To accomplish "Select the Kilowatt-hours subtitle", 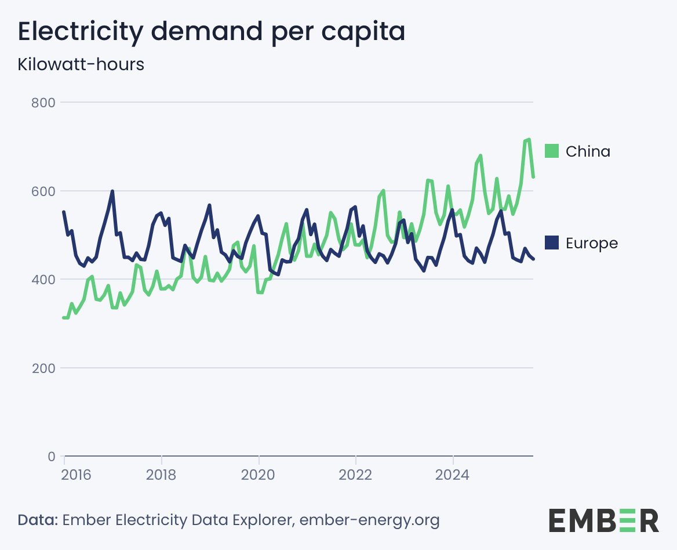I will (81, 64).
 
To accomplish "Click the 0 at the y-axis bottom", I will (50, 457).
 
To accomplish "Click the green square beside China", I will (552, 151).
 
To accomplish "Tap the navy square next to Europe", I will (552, 243).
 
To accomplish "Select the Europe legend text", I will (591, 243).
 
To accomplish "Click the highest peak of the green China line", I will (529, 139).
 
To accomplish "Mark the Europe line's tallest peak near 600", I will (112, 191).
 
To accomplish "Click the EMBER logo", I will (603, 520).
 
